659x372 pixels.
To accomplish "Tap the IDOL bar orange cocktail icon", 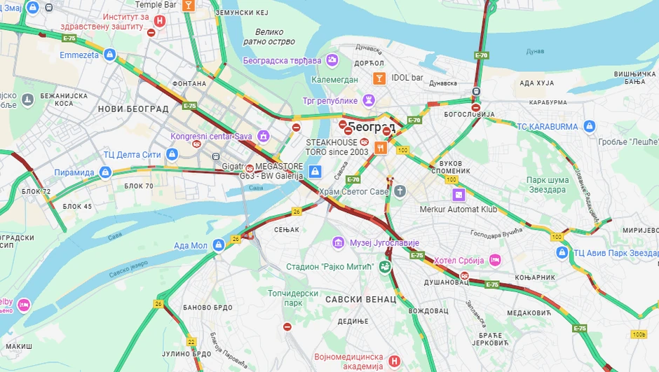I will point(379,78).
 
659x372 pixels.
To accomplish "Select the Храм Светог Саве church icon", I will point(400,191).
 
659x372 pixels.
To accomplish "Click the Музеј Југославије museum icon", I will point(339,242).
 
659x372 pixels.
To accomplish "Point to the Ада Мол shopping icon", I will point(219,244).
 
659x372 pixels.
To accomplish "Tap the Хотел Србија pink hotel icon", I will point(495,260).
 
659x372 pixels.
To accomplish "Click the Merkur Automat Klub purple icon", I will point(458,194).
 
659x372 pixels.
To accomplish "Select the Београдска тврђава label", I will point(282,60).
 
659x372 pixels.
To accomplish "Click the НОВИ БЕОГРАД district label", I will point(133,109).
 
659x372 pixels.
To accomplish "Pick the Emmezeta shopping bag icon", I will point(110,55).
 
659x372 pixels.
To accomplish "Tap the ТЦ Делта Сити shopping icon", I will point(172,154).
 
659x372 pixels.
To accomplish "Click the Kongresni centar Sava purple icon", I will point(263,135).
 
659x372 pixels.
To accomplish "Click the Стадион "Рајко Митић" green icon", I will point(384,266).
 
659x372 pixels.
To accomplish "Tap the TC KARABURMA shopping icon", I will point(589,126).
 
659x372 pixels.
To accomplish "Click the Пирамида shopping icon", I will point(105,172).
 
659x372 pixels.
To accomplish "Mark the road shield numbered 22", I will point(191,341).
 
